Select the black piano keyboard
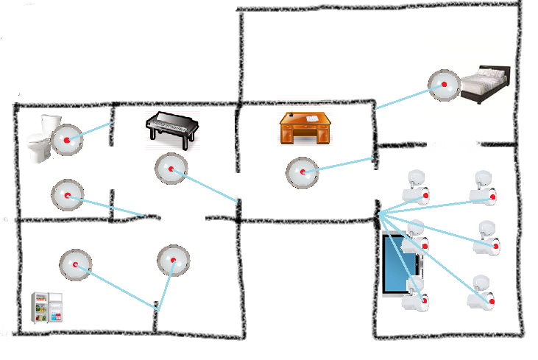pyautogui.click(x=173, y=127)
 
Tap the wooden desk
pyautogui.click(x=304, y=127)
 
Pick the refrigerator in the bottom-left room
pyautogui.click(x=46, y=308)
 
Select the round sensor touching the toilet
pyautogui.click(x=67, y=139)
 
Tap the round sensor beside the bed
pyautogui.click(x=445, y=85)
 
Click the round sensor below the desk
pyautogui.click(x=302, y=172)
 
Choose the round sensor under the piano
pyautogui.click(x=171, y=169)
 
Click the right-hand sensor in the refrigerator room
pyautogui.click(x=174, y=260)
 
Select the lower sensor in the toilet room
pyautogui.click(x=67, y=195)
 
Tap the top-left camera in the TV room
pyautogui.click(x=415, y=187)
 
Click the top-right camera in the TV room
pyautogui.click(x=484, y=188)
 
